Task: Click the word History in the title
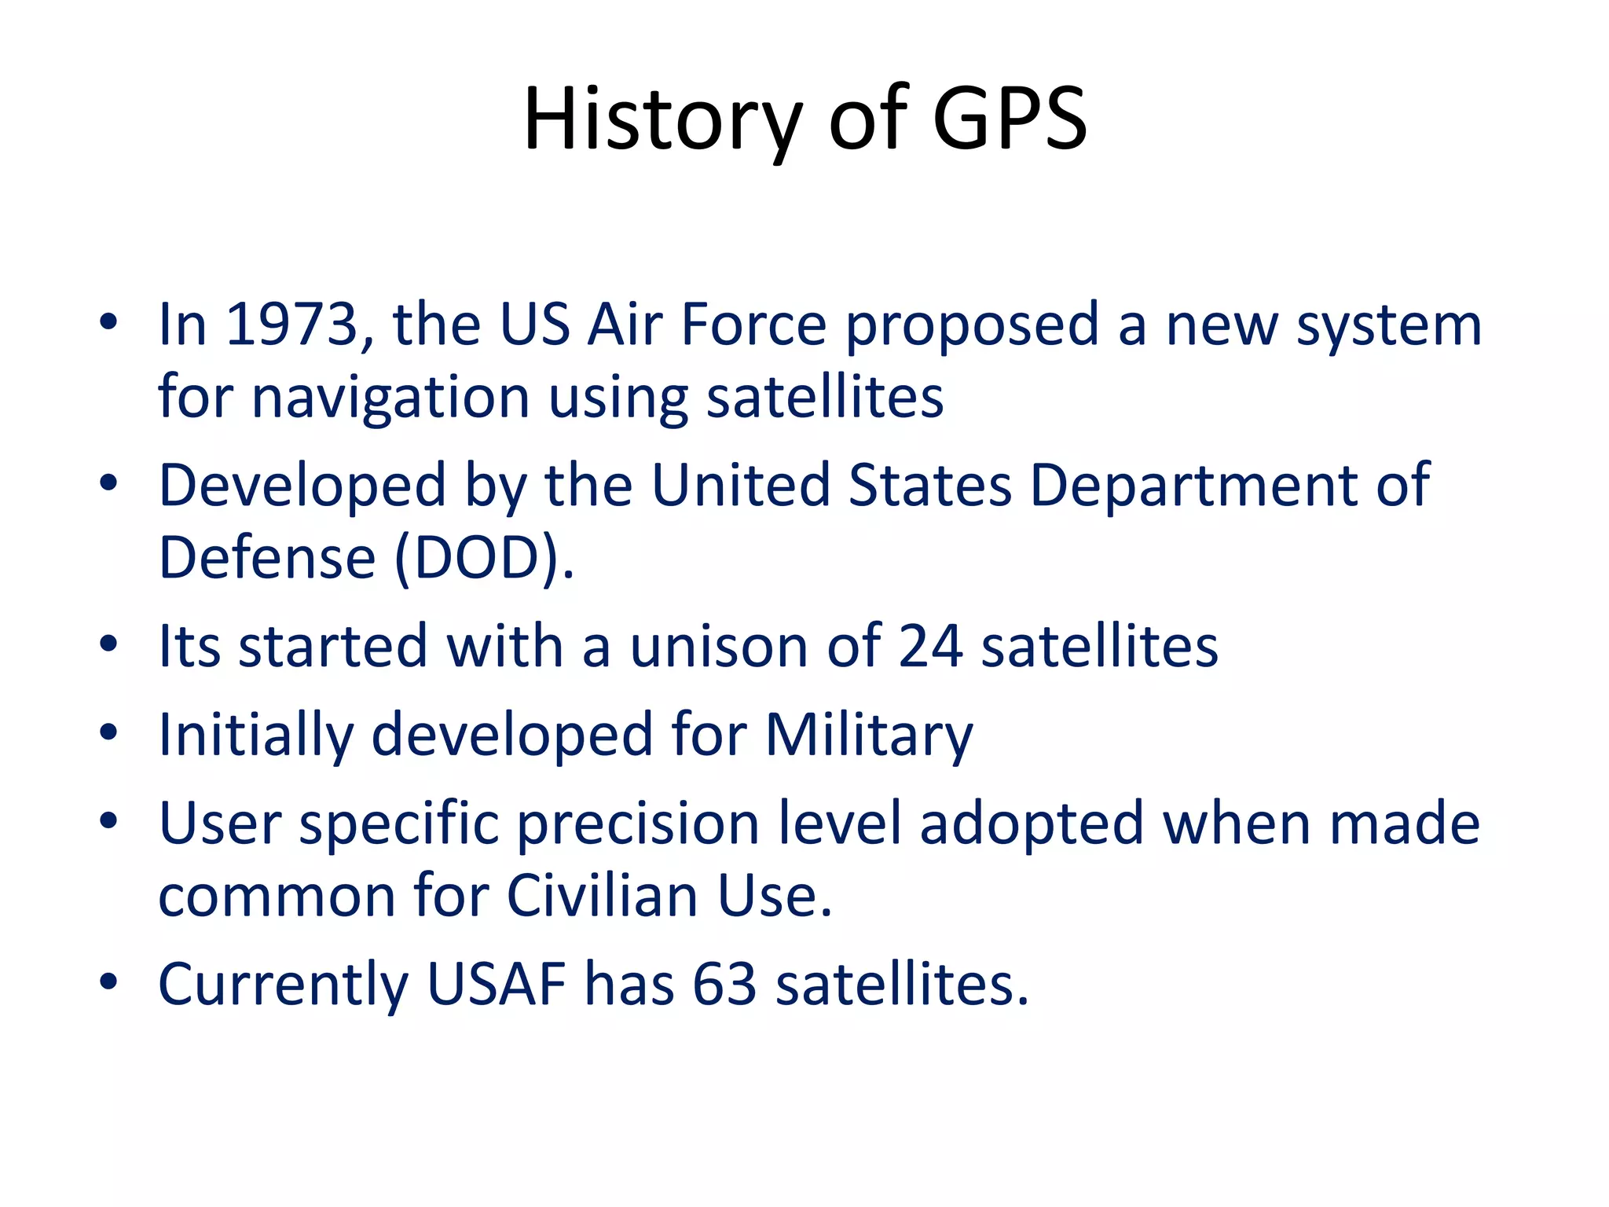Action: point(662,119)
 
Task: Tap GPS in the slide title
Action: point(1010,119)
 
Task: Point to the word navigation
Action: point(390,398)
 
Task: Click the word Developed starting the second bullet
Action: point(302,485)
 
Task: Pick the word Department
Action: point(1193,485)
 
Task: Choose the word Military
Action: point(868,735)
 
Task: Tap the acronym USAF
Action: point(496,984)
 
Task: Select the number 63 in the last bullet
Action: point(724,984)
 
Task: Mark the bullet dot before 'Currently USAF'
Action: point(108,981)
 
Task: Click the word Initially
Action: point(255,735)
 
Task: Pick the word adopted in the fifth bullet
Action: point(1032,824)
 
